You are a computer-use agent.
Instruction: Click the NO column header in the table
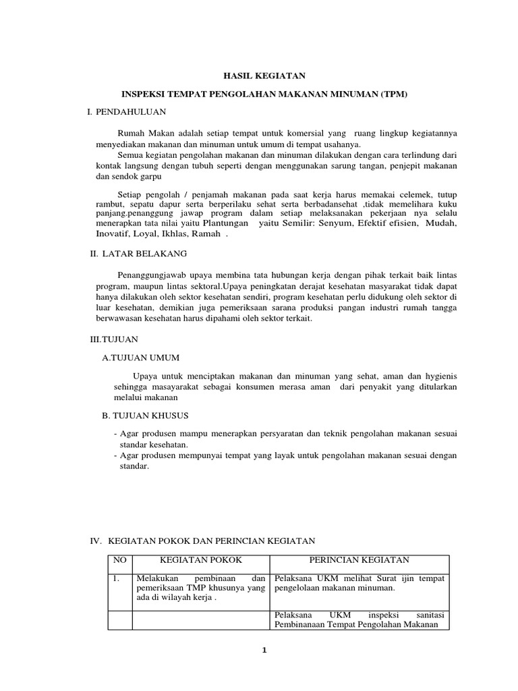point(119,561)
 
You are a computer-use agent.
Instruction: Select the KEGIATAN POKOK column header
point(200,561)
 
